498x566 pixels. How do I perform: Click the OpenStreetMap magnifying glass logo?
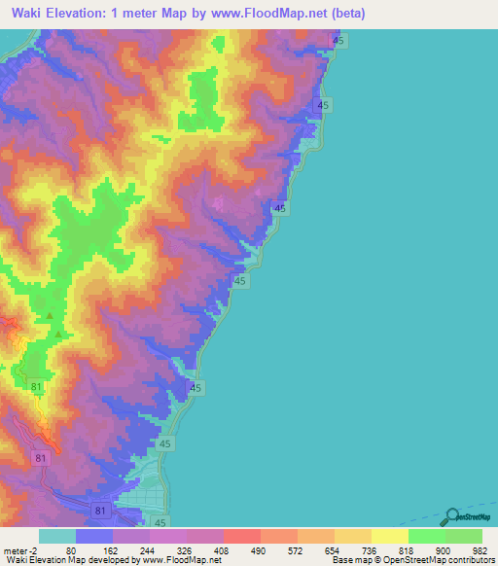tap(451, 516)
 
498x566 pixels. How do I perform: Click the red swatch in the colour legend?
tap(241, 536)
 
